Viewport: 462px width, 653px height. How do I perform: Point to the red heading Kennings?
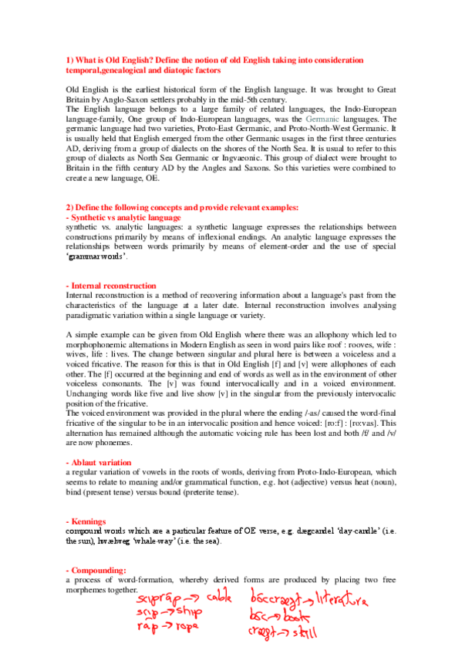(x=88, y=521)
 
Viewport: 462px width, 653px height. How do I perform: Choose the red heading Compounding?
(x=96, y=569)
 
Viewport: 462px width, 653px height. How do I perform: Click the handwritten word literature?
(x=343, y=599)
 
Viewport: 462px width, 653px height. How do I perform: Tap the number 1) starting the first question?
(x=69, y=59)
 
